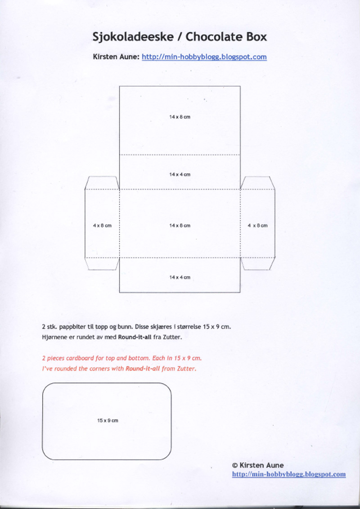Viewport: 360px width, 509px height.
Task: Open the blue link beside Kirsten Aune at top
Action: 204,57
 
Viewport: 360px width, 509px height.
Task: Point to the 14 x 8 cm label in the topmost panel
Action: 180,117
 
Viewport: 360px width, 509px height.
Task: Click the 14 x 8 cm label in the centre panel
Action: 180,225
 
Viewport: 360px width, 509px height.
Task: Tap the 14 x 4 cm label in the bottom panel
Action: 180,277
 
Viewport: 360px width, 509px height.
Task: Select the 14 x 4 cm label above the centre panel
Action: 180,174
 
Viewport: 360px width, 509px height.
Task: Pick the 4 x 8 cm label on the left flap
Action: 102,225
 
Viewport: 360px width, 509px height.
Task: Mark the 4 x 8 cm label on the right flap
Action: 257,225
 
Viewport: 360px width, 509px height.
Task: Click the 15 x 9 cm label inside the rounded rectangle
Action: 108,420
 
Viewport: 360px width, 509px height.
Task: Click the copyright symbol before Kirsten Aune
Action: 234,465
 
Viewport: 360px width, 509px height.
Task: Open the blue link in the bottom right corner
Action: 289,474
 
